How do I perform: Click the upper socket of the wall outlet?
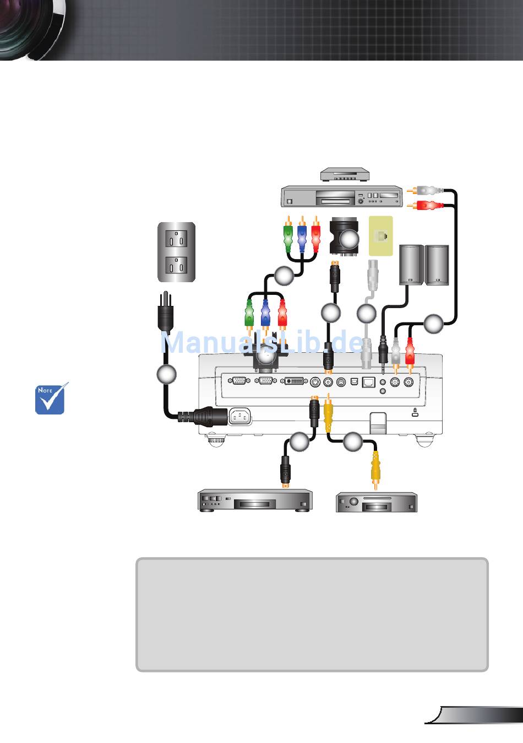coord(176,238)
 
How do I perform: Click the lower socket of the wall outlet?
coord(176,265)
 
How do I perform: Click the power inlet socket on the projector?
coord(239,416)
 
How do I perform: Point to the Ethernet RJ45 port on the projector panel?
coord(368,382)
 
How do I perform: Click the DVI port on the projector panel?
coord(294,381)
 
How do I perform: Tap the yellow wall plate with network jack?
coord(381,236)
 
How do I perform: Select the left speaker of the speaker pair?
coord(411,265)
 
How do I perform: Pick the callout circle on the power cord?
coord(166,374)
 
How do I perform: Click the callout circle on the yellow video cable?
coord(352,442)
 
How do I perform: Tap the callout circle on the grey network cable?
coord(367,313)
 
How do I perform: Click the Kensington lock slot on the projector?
coord(415,413)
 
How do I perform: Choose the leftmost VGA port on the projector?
coord(239,381)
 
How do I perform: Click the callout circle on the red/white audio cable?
coord(433,324)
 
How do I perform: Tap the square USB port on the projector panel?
coord(354,382)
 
